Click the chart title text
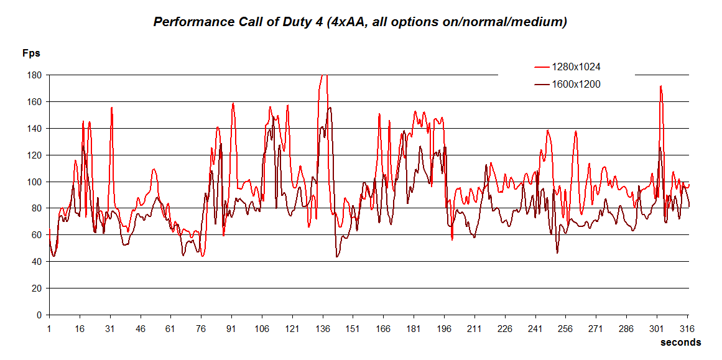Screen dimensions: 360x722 pos(360,22)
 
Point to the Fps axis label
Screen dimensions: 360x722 pos(32,53)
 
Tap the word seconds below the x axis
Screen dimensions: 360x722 pos(680,343)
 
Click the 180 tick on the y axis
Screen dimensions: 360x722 pos(34,75)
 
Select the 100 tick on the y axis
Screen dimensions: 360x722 pos(34,182)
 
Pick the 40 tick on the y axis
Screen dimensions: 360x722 pos(36,262)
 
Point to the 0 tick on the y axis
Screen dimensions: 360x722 pos(39,315)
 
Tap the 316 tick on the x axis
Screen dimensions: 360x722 pos(687,328)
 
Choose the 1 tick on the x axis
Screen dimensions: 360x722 pos(49,328)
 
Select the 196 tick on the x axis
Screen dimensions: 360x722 pos(444,328)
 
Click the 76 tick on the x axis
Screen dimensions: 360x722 pos(201,328)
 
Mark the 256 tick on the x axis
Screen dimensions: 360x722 pos(565,328)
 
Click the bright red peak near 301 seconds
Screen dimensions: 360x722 pos(660,86)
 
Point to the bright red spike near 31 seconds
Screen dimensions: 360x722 pos(111,108)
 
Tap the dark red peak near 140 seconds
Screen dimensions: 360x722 pos(330,108)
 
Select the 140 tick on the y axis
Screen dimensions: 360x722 pos(34,129)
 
